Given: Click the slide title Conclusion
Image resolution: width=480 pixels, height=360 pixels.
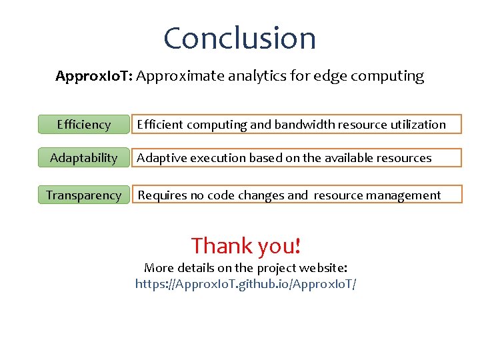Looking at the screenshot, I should click(239, 38).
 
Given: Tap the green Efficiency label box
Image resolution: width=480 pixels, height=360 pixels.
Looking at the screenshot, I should click(83, 125).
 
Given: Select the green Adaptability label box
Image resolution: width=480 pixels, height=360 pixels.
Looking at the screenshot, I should click(83, 158).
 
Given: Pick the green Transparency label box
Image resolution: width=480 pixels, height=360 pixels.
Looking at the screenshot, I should click(83, 195).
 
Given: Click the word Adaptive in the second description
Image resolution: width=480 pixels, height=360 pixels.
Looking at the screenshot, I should click(161, 158).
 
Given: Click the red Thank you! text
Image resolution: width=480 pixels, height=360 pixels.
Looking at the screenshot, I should click(246, 246).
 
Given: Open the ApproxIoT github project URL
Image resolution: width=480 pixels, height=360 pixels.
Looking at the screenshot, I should click(245, 284).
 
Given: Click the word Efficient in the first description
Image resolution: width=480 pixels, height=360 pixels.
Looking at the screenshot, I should click(160, 125).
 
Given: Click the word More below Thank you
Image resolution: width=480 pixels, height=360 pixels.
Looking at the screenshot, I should click(159, 268).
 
